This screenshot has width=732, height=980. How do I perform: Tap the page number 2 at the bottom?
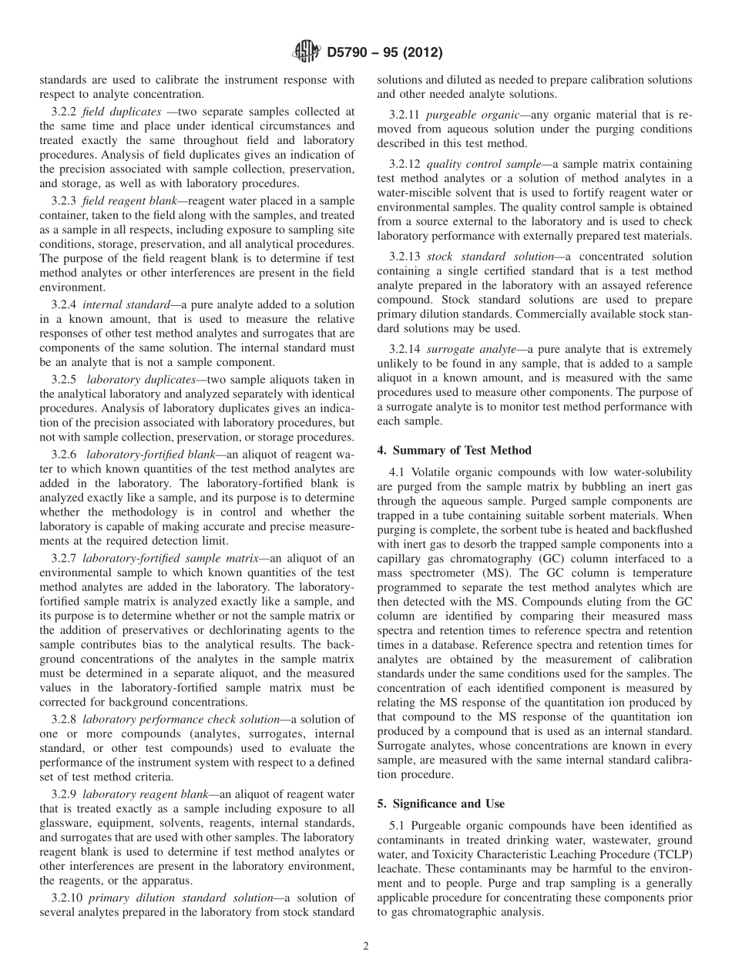click(366, 947)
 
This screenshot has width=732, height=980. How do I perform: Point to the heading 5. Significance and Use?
click(441, 804)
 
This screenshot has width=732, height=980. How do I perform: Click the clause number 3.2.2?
click(64, 112)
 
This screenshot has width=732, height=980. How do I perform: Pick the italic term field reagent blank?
click(121, 200)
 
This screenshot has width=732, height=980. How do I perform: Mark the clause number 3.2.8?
click(64, 719)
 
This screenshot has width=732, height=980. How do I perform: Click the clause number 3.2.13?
click(405, 256)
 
